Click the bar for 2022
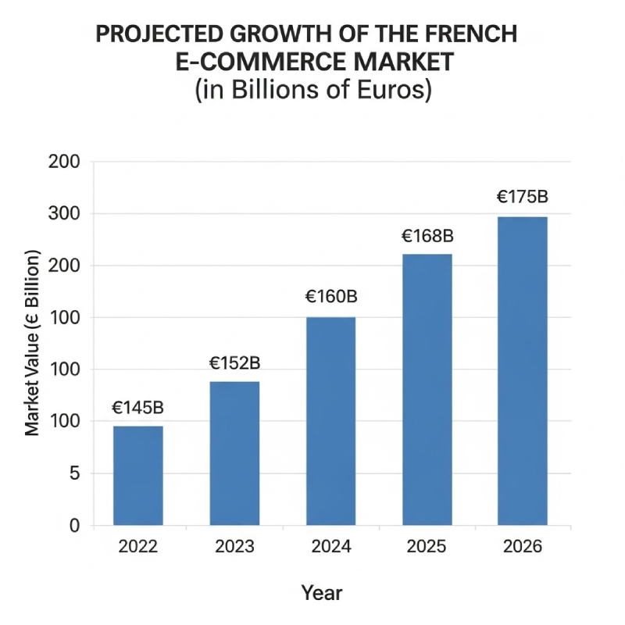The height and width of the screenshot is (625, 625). (x=138, y=475)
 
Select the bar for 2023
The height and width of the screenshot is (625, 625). (x=234, y=453)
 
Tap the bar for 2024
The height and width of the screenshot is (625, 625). (x=330, y=420)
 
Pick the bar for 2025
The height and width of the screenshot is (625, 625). (x=427, y=389)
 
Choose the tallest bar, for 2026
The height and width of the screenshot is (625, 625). (x=523, y=370)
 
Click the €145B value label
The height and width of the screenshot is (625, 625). (x=137, y=408)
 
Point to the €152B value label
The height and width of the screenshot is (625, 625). (x=234, y=363)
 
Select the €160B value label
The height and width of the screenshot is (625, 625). (x=330, y=298)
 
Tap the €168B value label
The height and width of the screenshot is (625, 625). (x=427, y=235)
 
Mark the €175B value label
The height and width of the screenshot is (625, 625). (x=523, y=197)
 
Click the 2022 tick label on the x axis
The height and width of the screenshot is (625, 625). (x=138, y=547)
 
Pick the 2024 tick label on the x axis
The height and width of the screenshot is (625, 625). (x=330, y=547)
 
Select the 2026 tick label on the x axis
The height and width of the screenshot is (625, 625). (x=523, y=547)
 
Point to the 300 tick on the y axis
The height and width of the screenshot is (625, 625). (x=65, y=214)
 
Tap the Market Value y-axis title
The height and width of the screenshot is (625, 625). (x=33, y=344)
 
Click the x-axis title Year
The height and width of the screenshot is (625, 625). (x=322, y=593)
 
